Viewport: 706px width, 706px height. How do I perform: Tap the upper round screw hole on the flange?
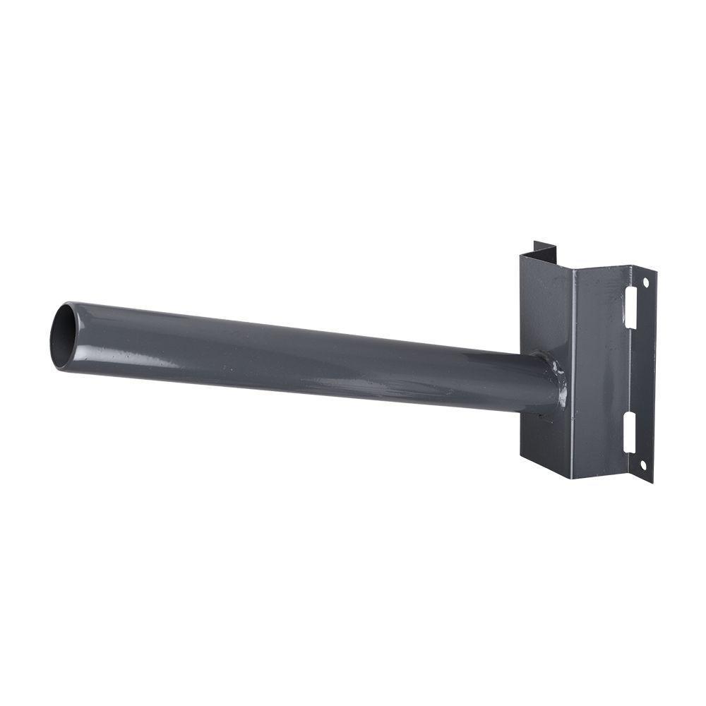click(645, 282)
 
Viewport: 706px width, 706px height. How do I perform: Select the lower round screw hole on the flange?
click(643, 464)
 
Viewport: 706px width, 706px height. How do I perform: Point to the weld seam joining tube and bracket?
click(558, 381)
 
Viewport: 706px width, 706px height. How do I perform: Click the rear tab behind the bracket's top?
click(544, 249)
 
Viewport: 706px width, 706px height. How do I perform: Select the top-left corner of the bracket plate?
click(521, 255)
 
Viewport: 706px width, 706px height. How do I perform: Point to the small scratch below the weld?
click(547, 419)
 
